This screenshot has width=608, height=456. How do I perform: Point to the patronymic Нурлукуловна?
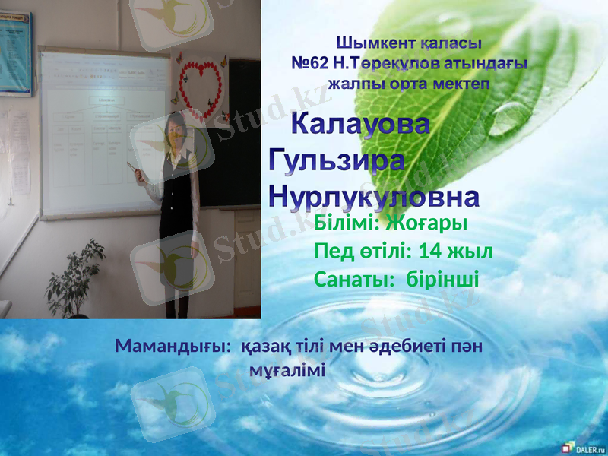[375, 197]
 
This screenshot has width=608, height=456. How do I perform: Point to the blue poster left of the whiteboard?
[15, 49]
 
